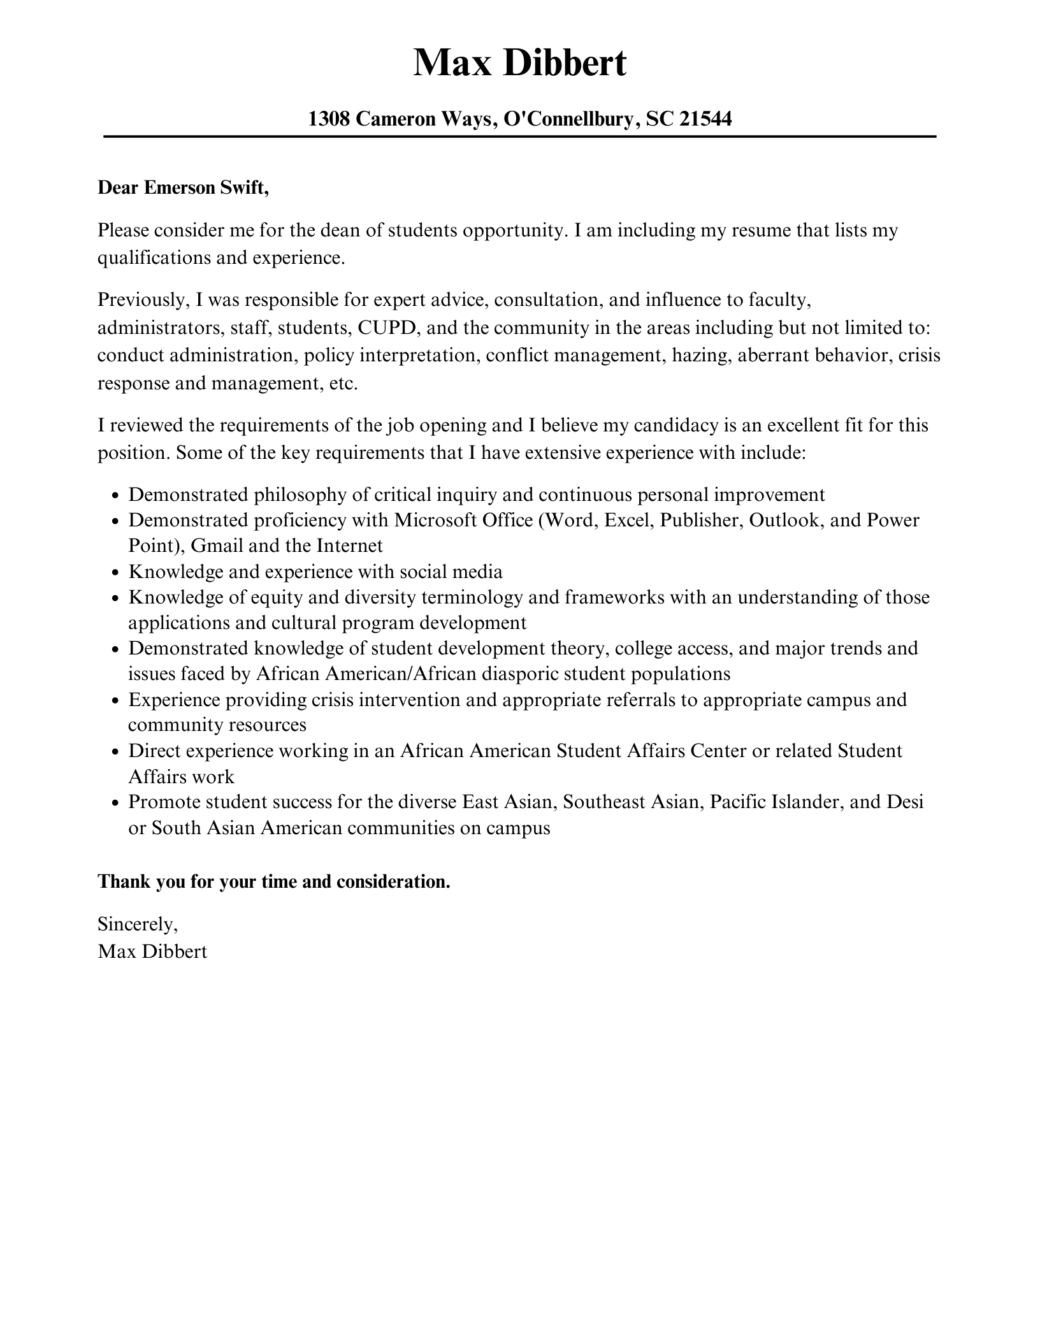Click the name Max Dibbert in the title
[519, 62]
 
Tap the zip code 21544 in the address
[705, 119]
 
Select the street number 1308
[329, 119]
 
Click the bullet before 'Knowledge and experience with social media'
[115, 573]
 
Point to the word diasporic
[520, 674]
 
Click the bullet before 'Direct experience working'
[115, 752]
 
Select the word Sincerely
[137, 923]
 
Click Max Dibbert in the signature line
[152, 951]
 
